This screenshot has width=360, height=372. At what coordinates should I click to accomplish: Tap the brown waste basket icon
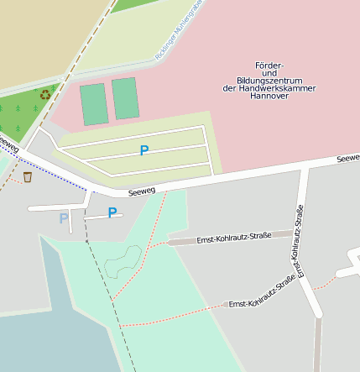pyautogui.click(x=28, y=176)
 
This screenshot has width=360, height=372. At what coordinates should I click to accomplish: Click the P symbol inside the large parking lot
pyautogui.click(x=144, y=150)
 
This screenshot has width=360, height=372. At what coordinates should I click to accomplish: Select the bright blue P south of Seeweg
pyautogui.click(x=112, y=212)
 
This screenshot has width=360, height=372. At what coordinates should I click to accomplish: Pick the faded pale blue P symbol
pyautogui.click(x=64, y=218)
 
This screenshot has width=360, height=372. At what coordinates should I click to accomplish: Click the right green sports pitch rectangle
pyautogui.click(x=125, y=98)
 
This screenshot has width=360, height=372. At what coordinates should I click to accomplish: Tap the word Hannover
pyautogui.click(x=270, y=96)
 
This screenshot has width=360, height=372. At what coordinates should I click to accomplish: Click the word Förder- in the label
pyautogui.click(x=270, y=65)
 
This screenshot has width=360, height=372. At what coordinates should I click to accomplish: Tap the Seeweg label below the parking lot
pyautogui.click(x=143, y=191)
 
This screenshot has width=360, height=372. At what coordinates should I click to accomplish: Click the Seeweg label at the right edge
pyautogui.click(x=348, y=158)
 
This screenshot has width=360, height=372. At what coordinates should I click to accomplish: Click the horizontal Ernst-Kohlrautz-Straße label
pyautogui.click(x=233, y=238)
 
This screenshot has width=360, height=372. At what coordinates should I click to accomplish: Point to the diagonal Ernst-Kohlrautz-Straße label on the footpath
pyautogui.click(x=261, y=293)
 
